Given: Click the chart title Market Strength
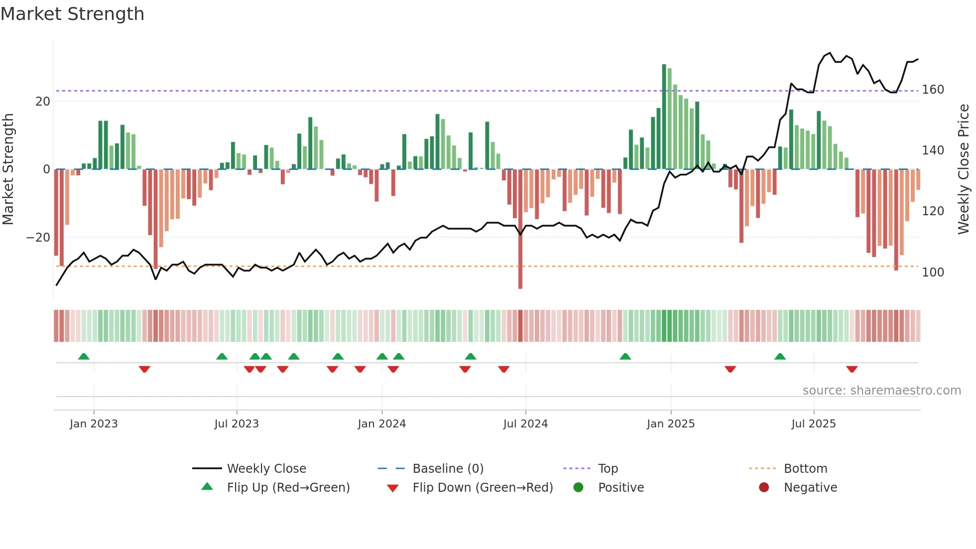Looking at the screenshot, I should coord(72,14).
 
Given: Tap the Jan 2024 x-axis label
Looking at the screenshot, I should coord(381,424).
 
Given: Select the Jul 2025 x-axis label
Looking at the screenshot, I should coord(813,424).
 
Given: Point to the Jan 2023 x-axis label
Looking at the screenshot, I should coord(94,424).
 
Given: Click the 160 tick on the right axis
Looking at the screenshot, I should coord(933,90).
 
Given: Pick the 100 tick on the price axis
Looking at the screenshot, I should coord(933,273).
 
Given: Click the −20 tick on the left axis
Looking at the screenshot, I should coord(38,238).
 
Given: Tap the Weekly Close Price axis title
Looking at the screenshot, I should coord(964,169).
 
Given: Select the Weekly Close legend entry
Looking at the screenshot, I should coord(266,469).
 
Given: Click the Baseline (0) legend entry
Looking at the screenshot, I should coord(448,469).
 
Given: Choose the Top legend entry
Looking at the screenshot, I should coord(608,469).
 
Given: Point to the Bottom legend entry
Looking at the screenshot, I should coord(805,469).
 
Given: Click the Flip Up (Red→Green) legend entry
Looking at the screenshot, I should coord(288,488).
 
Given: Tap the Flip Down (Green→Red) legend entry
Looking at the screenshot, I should coord(483,488).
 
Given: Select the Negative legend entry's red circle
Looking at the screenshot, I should coord(763,487).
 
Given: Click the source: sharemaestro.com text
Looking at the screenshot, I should coord(881,391).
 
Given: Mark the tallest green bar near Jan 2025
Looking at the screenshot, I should coord(664,117).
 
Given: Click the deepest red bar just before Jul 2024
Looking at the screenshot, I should coord(520,229).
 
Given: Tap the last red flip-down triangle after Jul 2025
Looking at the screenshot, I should coord(852,369).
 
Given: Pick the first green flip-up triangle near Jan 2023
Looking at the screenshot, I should coord(84,356).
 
